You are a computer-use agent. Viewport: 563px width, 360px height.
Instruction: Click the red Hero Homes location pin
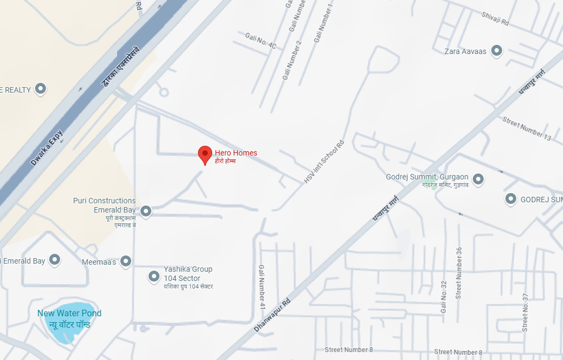click(205, 154)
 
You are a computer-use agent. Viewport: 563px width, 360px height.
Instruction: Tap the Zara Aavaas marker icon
click(497, 51)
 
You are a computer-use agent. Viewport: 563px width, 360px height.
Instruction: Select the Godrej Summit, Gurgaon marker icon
click(478, 179)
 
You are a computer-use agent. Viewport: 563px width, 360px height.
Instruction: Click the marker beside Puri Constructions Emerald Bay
click(146, 211)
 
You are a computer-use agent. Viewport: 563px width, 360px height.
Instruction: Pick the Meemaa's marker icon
click(126, 261)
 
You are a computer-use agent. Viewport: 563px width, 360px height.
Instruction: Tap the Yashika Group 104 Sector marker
click(154, 277)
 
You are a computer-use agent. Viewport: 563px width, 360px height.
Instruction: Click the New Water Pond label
click(69, 313)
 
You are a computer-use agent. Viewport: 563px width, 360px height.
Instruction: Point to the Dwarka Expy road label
click(47, 148)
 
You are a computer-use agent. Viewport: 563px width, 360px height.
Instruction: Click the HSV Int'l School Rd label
click(324, 162)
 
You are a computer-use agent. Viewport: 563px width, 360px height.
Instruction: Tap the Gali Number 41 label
click(262, 287)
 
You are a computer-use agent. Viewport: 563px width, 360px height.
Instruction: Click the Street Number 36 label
click(458, 273)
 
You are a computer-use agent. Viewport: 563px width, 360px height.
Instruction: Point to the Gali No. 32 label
click(443, 297)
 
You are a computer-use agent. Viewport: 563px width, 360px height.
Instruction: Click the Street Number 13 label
click(527, 128)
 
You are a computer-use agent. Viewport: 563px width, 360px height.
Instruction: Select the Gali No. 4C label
click(260, 41)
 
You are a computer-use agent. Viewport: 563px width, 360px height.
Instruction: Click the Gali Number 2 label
click(291, 60)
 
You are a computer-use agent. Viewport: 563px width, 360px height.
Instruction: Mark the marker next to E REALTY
click(40, 89)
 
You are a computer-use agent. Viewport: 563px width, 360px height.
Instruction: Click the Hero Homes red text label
click(236, 153)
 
